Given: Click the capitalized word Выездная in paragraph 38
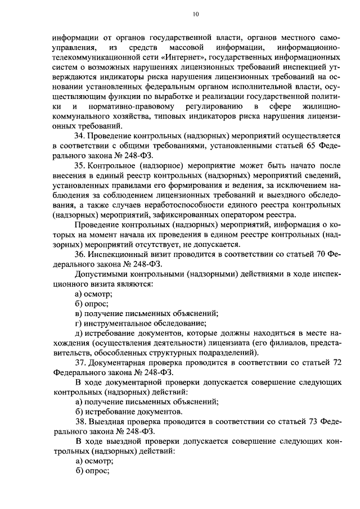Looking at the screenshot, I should (107, 422).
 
